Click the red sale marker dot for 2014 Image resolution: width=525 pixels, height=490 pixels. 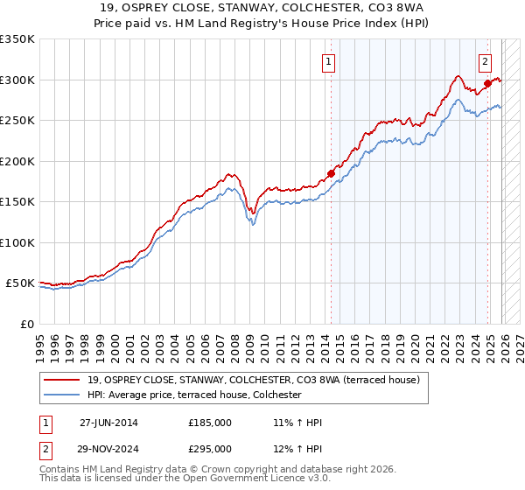point(332,173)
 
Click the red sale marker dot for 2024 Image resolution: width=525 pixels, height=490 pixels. point(487,84)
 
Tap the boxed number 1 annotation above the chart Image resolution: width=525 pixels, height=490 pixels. point(327,61)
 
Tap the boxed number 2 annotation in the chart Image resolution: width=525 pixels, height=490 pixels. point(484,61)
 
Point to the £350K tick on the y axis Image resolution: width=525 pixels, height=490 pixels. point(17,39)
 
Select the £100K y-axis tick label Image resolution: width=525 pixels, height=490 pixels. point(17,242)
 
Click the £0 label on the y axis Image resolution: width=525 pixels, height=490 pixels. point(26,324)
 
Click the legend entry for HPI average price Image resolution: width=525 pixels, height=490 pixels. point(193,395)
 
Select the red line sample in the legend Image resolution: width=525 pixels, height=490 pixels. point(63,380)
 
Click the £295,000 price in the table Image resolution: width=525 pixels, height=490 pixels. point(209,449)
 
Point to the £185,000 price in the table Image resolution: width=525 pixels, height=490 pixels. point(209,423)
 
